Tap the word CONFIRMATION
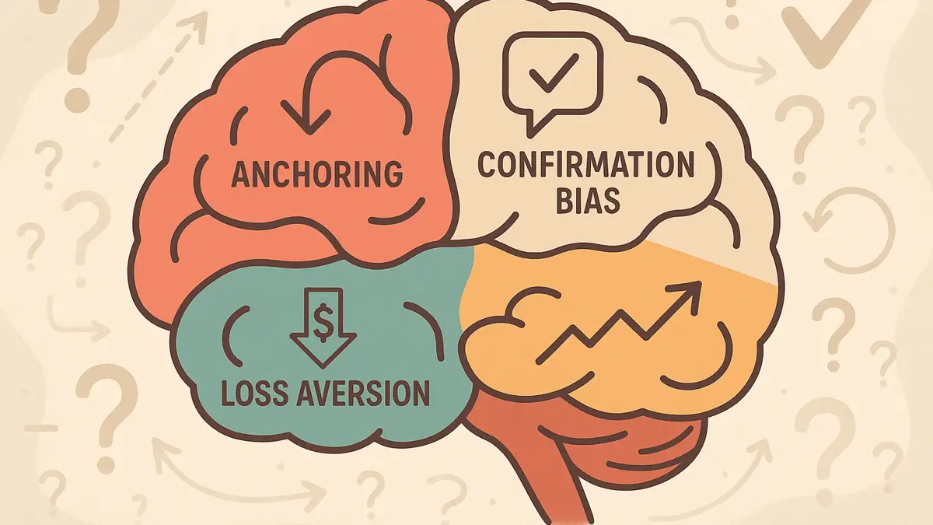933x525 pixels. tap(585, 166)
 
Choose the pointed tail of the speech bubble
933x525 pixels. tap(533, 125)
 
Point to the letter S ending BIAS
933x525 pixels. tap(610, 200)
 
